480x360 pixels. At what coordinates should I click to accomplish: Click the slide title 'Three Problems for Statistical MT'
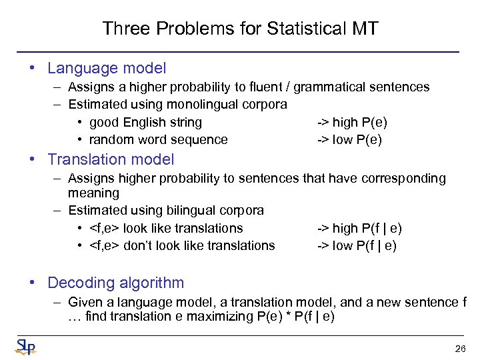click(x=240, y=29)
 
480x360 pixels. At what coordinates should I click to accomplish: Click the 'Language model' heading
click(x=107, y=68)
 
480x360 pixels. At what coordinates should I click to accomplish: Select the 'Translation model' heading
click(x=111, y=159)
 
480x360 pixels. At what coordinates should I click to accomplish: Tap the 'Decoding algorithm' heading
click(x=115, y=283)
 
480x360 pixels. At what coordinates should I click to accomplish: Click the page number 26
click(x=459, y=349)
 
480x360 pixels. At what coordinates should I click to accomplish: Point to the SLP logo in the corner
click(x=26, y=347)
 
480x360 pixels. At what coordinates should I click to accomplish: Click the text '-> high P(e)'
click(x=351, y=122)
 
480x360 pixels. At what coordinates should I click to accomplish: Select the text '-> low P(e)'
click(x=349, y=139)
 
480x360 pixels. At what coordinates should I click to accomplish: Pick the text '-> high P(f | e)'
click(x=359, y=228)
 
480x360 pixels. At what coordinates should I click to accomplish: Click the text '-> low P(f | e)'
click(x=356, y=245)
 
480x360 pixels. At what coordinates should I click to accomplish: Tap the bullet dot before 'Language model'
click(x=31, y=68)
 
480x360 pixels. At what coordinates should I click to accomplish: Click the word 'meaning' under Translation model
click(x=93, y=193)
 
